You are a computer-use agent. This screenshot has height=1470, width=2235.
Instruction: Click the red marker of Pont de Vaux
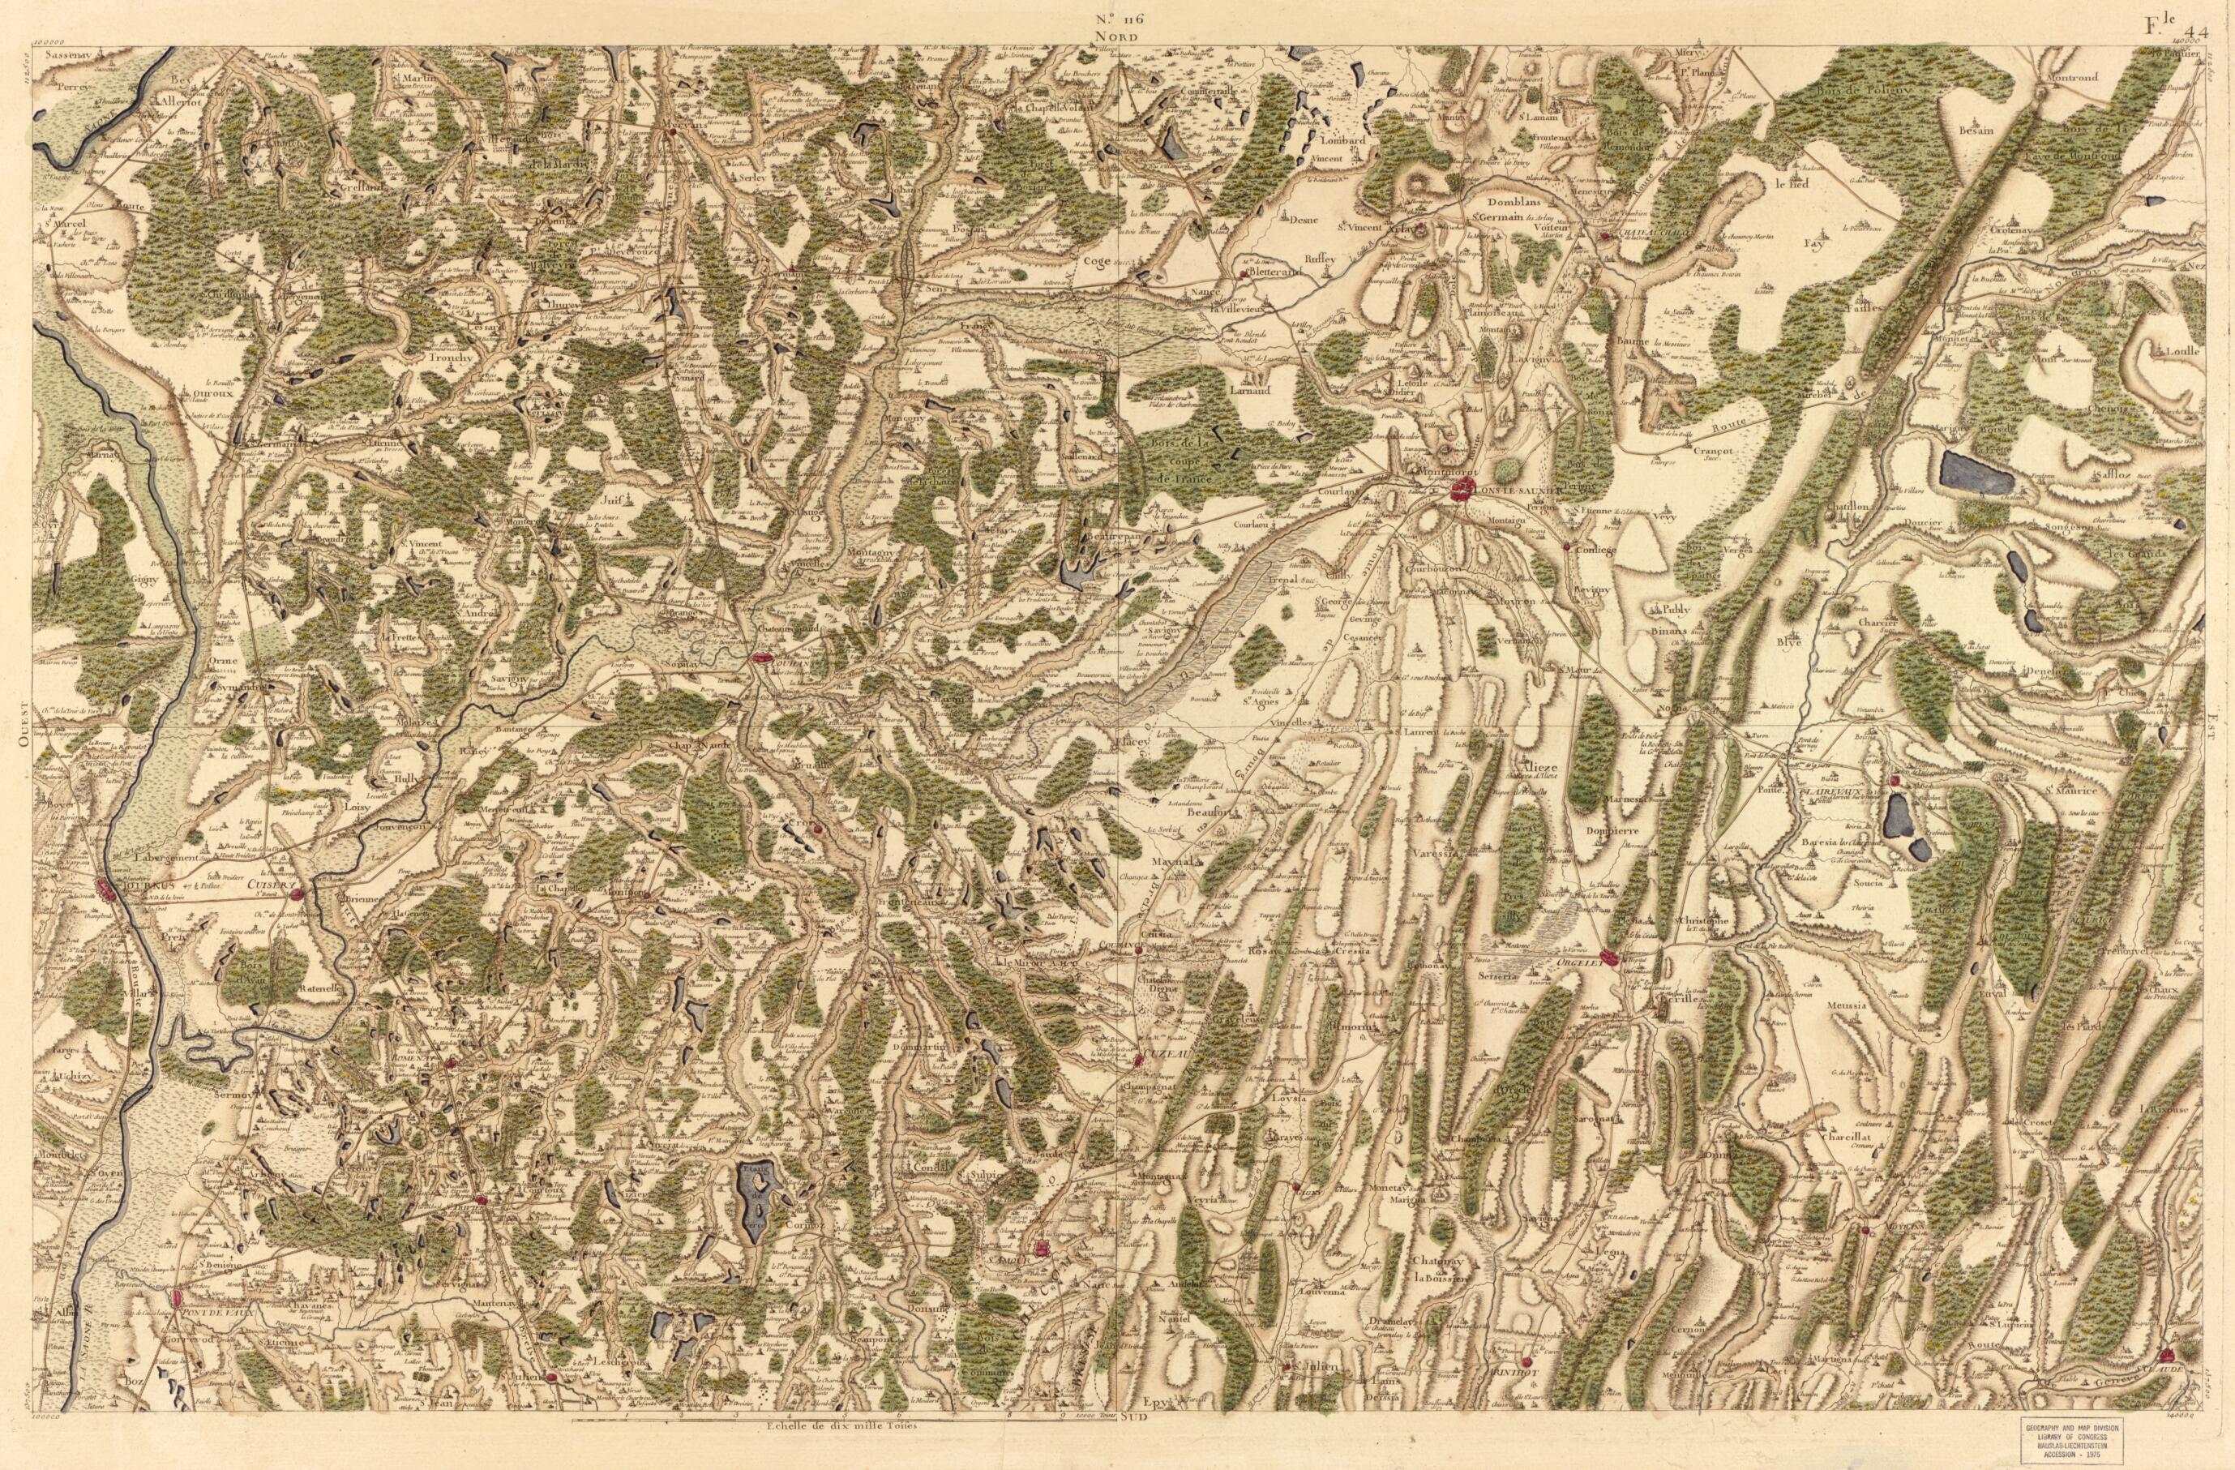click(178, 1299)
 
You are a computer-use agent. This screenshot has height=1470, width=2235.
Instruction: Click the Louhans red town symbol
click(764, 660)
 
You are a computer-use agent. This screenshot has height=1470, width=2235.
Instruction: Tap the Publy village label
click(1673, 608)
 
